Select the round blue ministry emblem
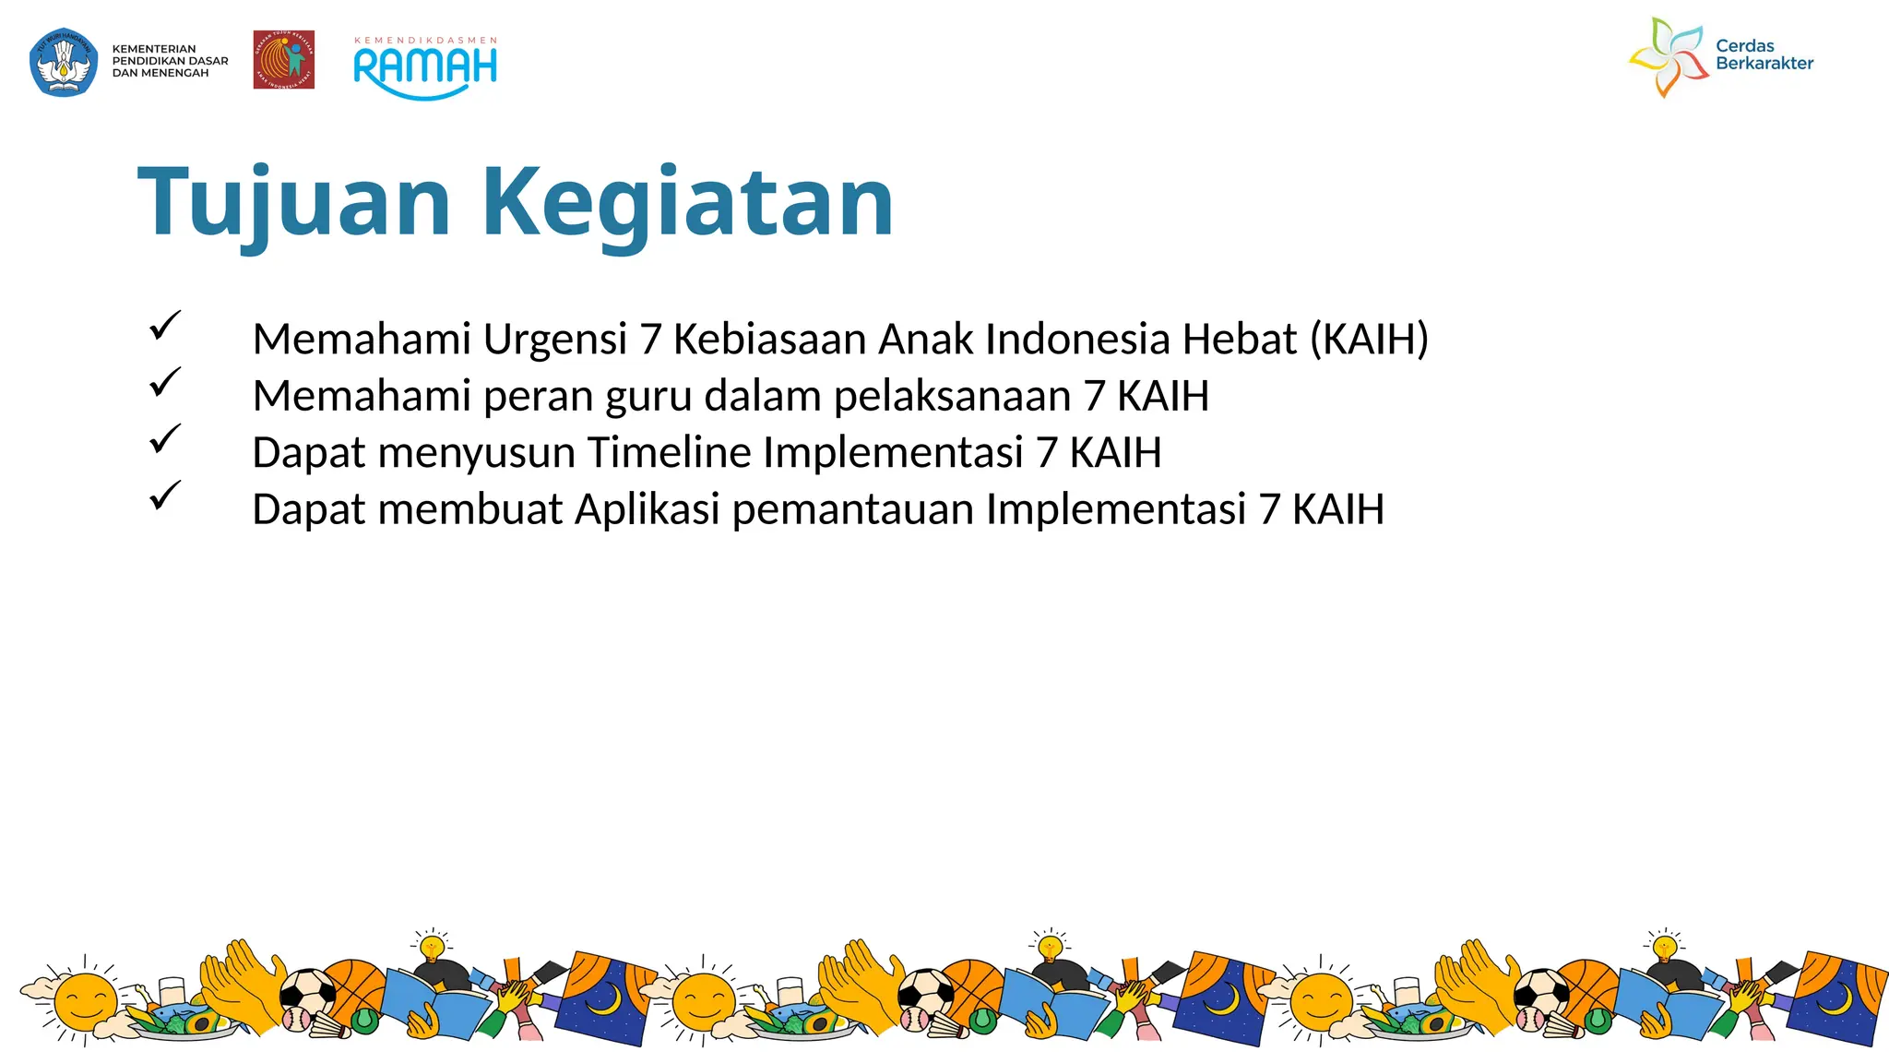pos(64,62)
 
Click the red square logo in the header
pos(284,60)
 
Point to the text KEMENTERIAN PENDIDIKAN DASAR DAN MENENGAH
pos(170,61)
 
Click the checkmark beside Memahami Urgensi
pos(164,325)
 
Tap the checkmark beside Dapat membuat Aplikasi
pos(164,496)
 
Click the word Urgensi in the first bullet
pos(554,340)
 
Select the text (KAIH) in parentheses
pos(1369,340)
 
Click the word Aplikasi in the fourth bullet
pos(647,509)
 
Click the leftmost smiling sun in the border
pos(85,1001)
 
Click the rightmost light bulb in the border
pos(1664,947)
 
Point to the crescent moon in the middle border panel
pos(1223,998)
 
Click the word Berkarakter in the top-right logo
pos(1764,64)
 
